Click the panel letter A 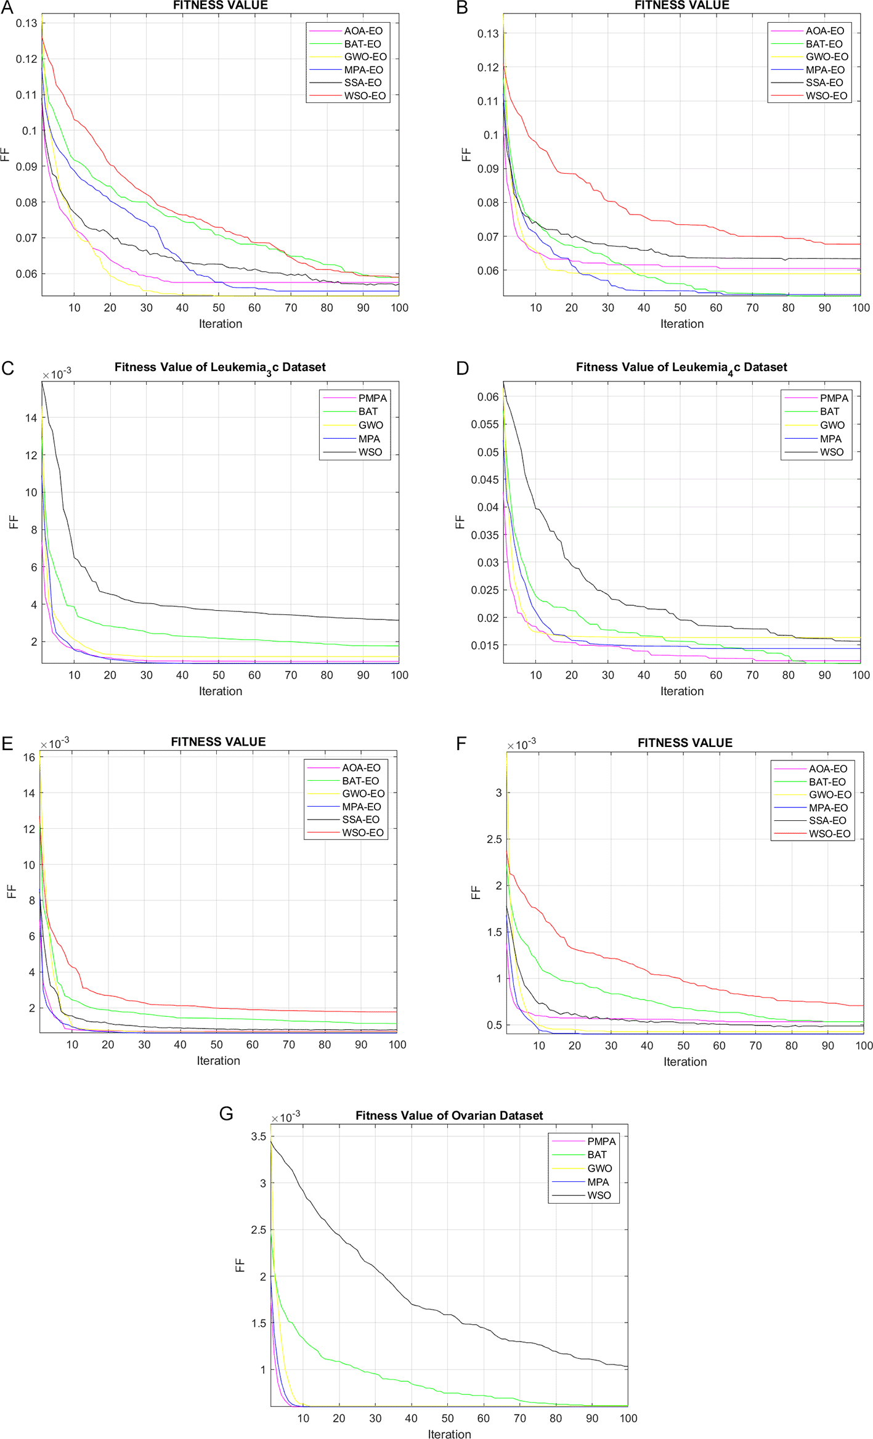[x=7, y=8]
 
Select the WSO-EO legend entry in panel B [x=826, y=96]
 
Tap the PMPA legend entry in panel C [x=372, y=398]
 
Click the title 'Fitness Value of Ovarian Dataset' [x=449, y=1115]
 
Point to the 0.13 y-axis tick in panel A [x=26, y=23]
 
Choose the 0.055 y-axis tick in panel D [x=485, y=425]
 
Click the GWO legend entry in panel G [x=599, y=1168]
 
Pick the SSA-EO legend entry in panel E [x=360, y=820]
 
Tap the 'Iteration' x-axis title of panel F [x=685, y=1062]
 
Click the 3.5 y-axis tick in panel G [x=259, y=1136]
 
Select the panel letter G [x=226, y=1114]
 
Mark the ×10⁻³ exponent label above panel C [x=57, y=374]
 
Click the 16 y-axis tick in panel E [x=29, y=757]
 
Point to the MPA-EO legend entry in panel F [x=828, y=808]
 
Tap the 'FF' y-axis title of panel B [x=466, y=154]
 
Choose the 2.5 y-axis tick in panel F [x=494, y=839]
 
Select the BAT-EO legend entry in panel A [x=362, y=44]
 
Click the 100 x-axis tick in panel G [x=628, y=1418]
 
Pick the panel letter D [x=463, y=369]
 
